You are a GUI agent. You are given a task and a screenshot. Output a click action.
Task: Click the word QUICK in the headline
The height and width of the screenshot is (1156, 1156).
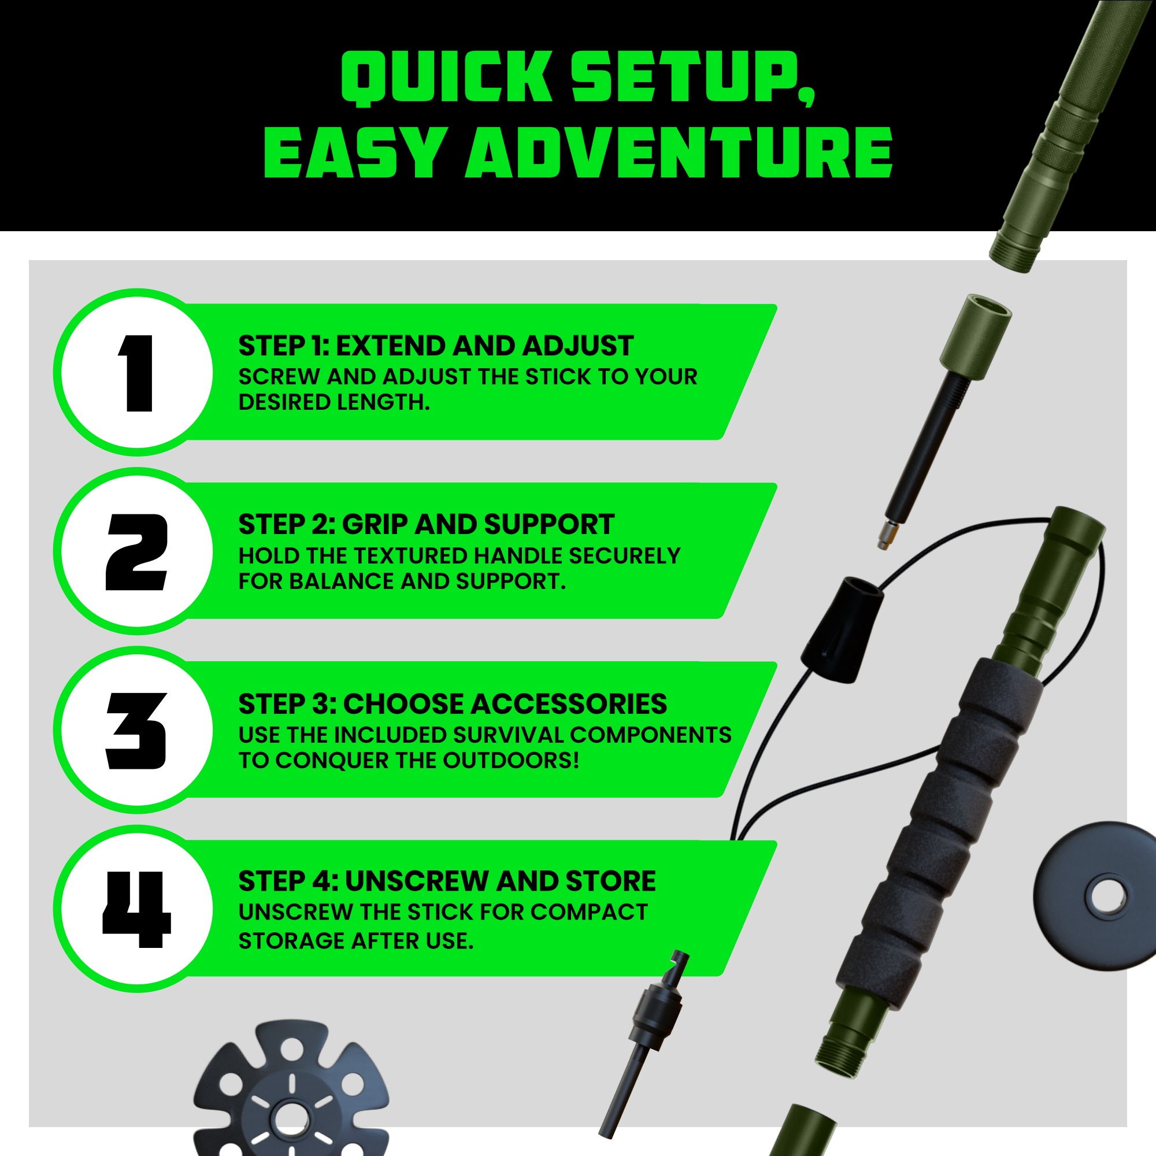446,77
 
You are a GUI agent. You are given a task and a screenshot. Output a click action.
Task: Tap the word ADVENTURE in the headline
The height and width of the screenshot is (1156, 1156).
679,152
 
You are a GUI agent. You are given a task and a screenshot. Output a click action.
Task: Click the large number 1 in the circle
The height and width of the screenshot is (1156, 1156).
137,373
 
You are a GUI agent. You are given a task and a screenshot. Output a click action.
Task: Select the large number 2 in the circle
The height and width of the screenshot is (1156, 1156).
136,551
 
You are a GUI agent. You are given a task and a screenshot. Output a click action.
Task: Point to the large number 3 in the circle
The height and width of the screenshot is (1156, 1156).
136,731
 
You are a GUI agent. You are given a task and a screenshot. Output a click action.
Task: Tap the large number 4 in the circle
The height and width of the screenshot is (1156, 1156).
137,909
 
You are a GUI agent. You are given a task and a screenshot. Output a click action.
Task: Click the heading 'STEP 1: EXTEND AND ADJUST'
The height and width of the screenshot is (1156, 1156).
436,346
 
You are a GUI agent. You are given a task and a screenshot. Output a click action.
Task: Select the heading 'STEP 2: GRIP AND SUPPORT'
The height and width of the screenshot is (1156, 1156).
426,525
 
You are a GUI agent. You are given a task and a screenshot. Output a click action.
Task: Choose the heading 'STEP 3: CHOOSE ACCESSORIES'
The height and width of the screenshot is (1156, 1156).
453,703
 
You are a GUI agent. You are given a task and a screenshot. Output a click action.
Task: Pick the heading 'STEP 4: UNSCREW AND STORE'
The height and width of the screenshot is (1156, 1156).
447,881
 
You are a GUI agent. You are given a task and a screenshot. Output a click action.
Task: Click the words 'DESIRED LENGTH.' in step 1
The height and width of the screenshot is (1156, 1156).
335,402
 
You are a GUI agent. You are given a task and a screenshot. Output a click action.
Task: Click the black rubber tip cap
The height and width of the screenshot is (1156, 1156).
843,630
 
